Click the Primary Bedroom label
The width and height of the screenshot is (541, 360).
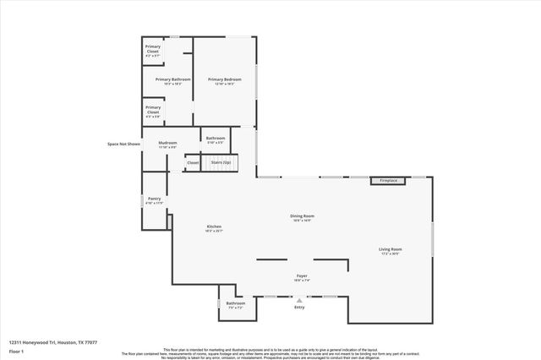[224, 79]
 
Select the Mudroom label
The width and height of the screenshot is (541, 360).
[167, 143]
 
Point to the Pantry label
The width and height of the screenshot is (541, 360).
[153, 199]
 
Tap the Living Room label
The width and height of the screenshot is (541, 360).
[390, 249]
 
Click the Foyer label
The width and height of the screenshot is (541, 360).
[302, 275]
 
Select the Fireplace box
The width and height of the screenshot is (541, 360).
[388, 180]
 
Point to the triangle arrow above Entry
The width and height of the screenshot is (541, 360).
[298, 299]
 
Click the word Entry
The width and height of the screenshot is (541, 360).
[298, 308]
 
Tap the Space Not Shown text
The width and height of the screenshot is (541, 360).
[123, 144]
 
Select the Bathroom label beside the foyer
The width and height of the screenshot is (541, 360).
[235, 303]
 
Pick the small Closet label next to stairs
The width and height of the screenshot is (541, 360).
[193, 162]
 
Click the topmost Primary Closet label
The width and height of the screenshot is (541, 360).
[153, 48]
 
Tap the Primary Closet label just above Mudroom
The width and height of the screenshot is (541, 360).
[153, 109]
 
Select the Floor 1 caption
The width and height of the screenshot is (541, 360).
[16, 351]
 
